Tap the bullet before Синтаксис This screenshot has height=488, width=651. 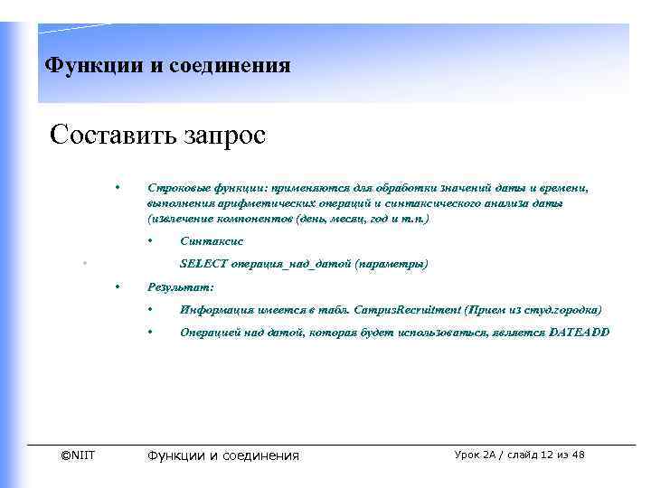pos(151,241)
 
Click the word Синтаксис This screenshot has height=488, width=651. pos(212,241)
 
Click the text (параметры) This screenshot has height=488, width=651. pos(392,264)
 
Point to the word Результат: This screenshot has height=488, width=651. pos(180,286)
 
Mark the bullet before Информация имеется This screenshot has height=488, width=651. pos(151,310)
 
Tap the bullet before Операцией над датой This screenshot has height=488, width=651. pos(151,333)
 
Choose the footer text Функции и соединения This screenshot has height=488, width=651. pos(222,455)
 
